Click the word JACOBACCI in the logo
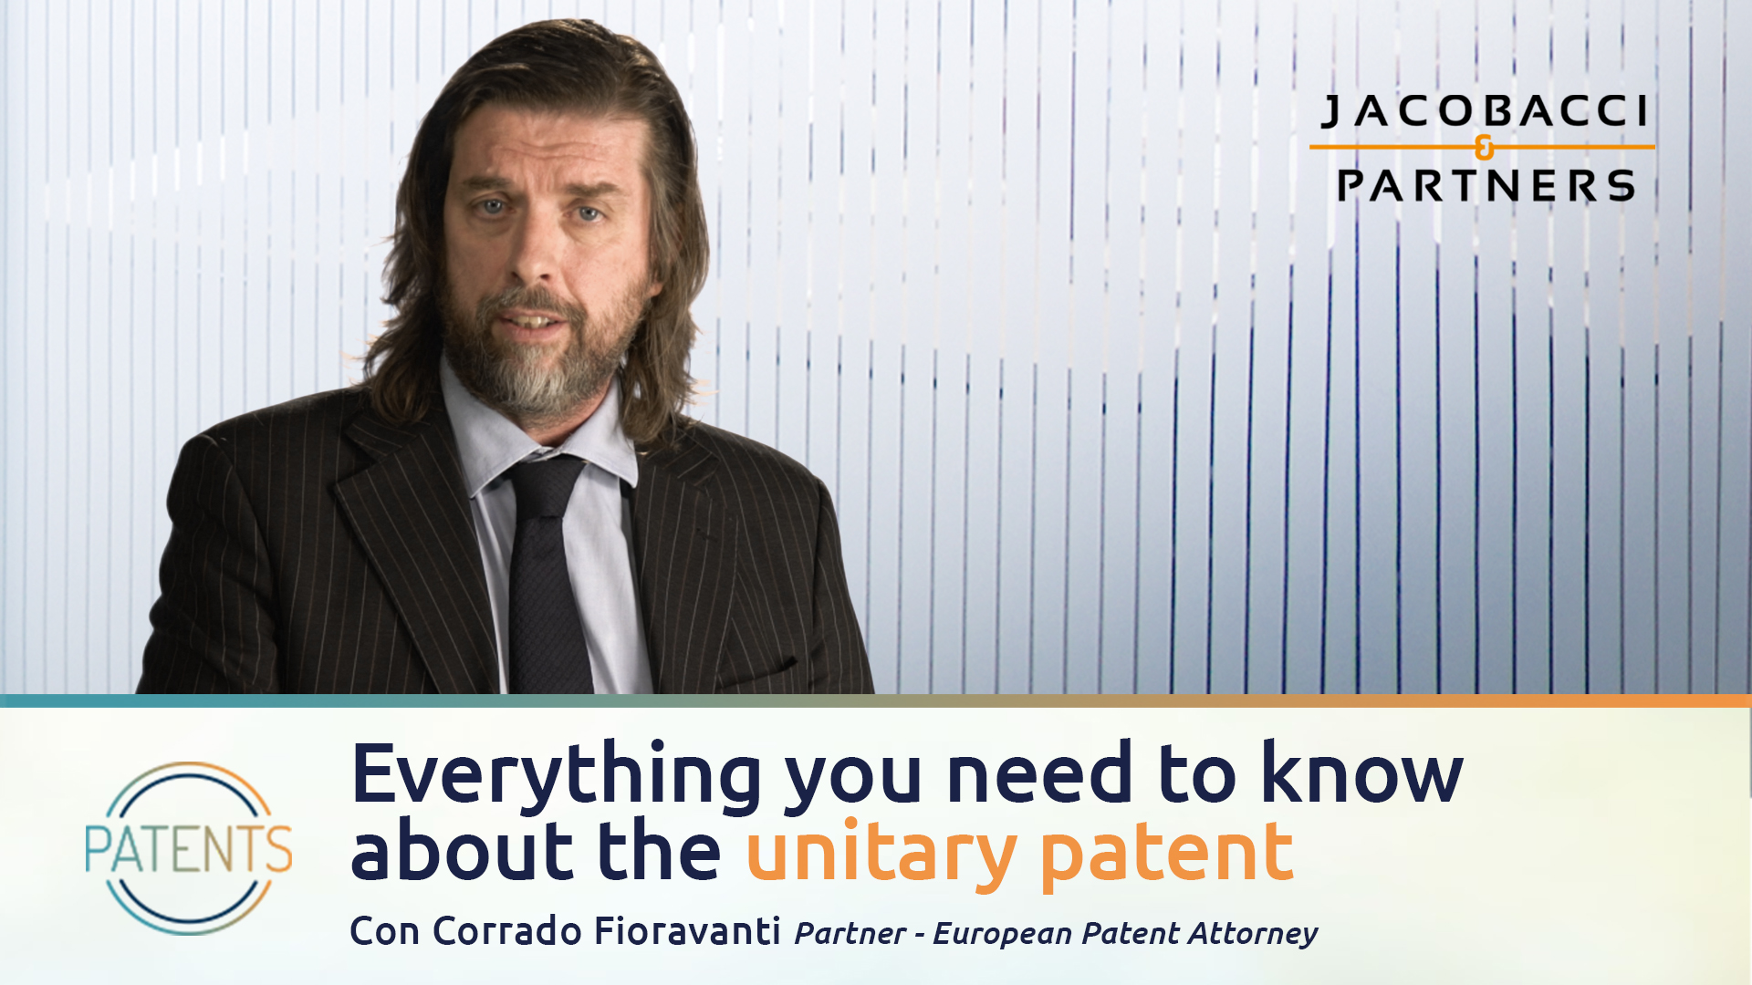coord(1484,111)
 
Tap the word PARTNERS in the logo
coord(1486,186)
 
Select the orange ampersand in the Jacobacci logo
coord(1485,148)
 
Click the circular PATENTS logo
coord(189,848)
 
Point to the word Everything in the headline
coord(556,775)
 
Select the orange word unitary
coord(881,853)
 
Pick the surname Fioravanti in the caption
coord(687,931)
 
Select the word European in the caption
coord(1001,934)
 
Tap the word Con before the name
coord(384,931)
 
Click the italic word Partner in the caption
coord(850,934)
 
